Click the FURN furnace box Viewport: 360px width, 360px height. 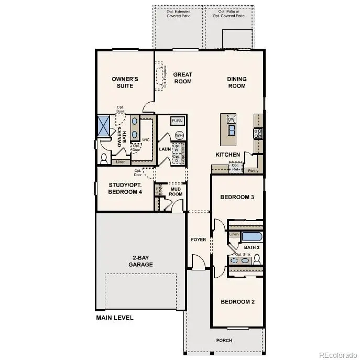pos(178,121)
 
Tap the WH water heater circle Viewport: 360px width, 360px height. pos(179,135)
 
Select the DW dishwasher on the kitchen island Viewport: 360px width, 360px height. pos(231,120)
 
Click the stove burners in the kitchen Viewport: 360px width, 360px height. pos(257,133)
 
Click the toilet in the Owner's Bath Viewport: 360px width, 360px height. pos(103,157)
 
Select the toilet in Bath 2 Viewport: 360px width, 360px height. pos(257,258)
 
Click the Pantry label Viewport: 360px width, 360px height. pos(253,170)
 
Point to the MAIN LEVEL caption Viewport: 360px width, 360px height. pos(115,318)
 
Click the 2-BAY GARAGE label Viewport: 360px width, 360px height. pos(140,261)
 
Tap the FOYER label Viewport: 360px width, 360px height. pos(199,239)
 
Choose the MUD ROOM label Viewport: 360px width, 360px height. pos(176,191)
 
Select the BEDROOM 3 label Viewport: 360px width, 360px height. pos(237,197)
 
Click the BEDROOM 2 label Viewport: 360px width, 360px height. pos(237,302)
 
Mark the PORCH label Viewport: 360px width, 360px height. pos(224,340)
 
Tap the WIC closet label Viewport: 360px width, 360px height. pos(146,140)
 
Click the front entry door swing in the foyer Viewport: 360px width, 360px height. pos(198,261)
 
